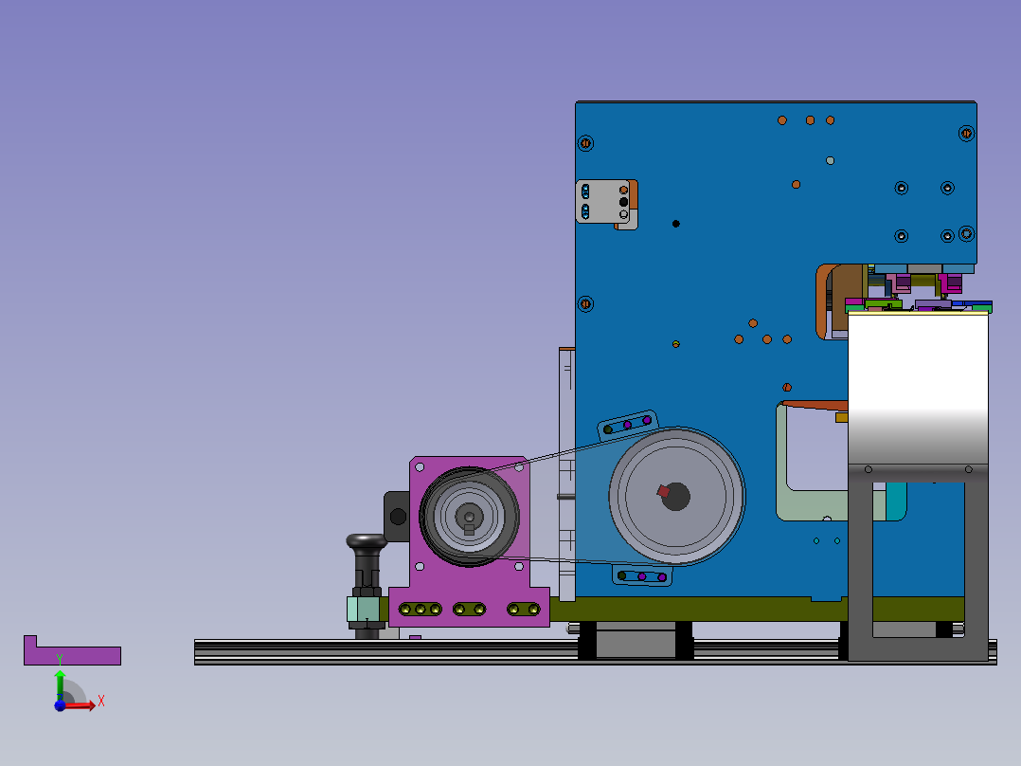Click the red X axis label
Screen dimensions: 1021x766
click(101, 702)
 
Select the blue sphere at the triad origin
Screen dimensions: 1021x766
click(60, 705)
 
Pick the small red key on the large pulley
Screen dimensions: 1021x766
click(663, 491)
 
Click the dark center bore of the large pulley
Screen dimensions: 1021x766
click(676, 497)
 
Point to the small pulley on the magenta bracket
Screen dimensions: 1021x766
click(469, 517)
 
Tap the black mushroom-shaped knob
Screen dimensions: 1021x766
click(367, 542)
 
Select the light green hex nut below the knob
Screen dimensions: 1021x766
click(364, 609)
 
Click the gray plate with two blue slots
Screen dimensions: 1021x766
click(602, 202)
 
